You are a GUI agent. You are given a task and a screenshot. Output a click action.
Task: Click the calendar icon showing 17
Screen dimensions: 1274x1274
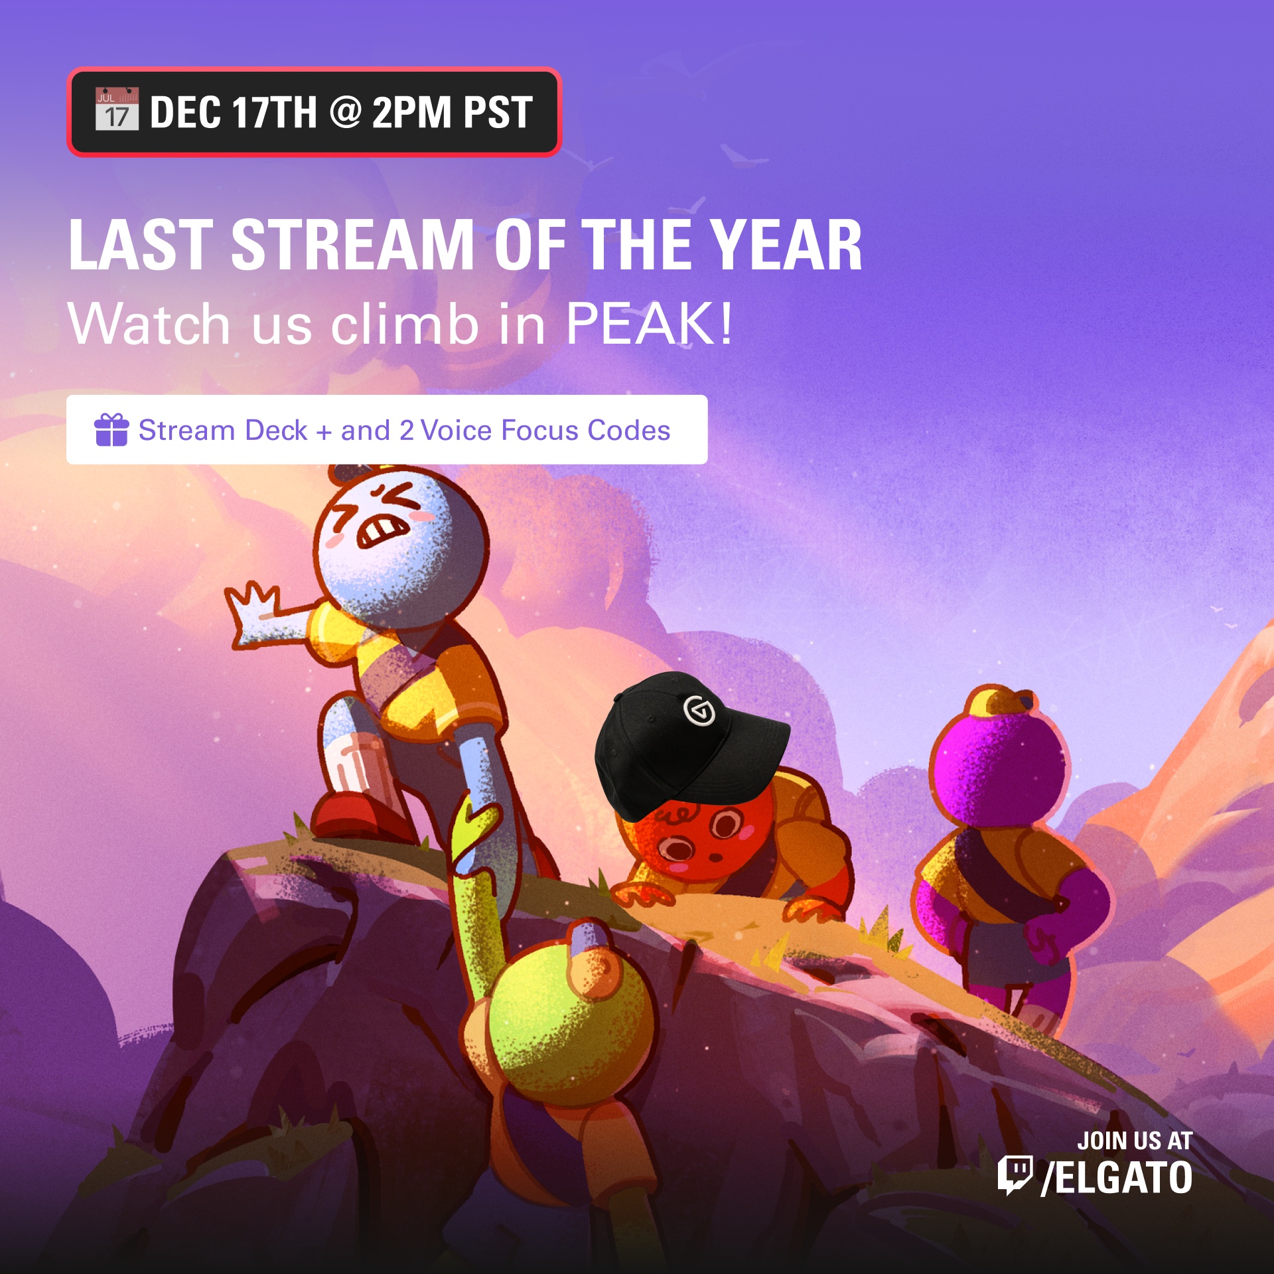117,109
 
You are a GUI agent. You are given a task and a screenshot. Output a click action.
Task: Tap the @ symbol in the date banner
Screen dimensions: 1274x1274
345,111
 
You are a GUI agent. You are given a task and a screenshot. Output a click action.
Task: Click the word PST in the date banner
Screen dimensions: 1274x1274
498,112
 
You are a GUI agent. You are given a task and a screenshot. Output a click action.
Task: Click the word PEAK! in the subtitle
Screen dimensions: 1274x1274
649,323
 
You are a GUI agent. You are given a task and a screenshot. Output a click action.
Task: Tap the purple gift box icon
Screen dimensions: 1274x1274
111,429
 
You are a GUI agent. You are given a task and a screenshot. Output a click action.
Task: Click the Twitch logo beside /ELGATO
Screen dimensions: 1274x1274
1015,1175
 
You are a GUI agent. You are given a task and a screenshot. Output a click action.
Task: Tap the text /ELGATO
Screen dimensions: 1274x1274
1117,1178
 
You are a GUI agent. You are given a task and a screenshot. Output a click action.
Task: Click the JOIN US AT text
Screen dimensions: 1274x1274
1135,1141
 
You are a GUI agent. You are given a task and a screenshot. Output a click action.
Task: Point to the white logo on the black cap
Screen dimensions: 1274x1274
699,711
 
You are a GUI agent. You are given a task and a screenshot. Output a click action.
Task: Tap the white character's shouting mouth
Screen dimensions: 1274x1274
382,530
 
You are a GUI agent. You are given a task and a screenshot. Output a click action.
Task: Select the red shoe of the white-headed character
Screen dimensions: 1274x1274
358,816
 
